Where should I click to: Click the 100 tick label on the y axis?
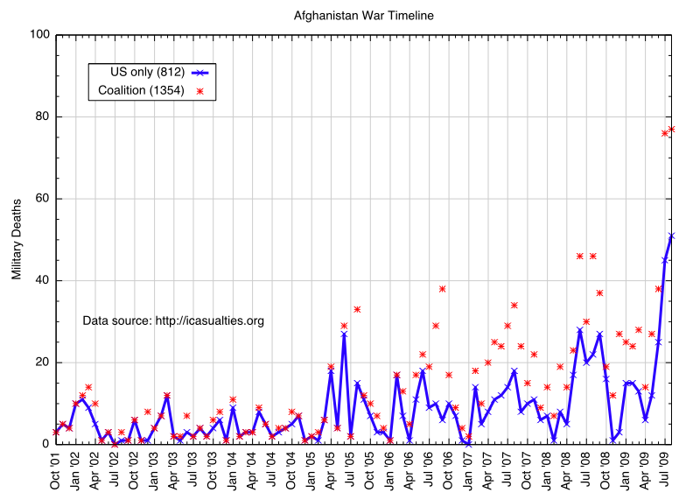[39, 35]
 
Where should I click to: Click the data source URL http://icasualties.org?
[209, 321]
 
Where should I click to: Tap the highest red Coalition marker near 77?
[671, 130]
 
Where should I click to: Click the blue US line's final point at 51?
[671, 236]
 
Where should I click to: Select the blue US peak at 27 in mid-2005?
[344, 334]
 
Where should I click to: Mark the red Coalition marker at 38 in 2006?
[443, 289]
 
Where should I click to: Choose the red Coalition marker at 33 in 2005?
[357, 309]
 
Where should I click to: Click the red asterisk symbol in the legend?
[199, 91]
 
